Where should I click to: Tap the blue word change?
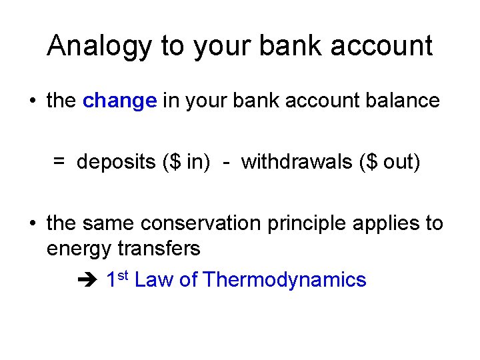120,101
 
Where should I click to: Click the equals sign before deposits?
59,161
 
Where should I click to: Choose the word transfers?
159,249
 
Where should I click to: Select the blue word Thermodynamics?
285,279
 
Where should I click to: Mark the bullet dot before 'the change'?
31,101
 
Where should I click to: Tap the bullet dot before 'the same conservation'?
31,224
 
